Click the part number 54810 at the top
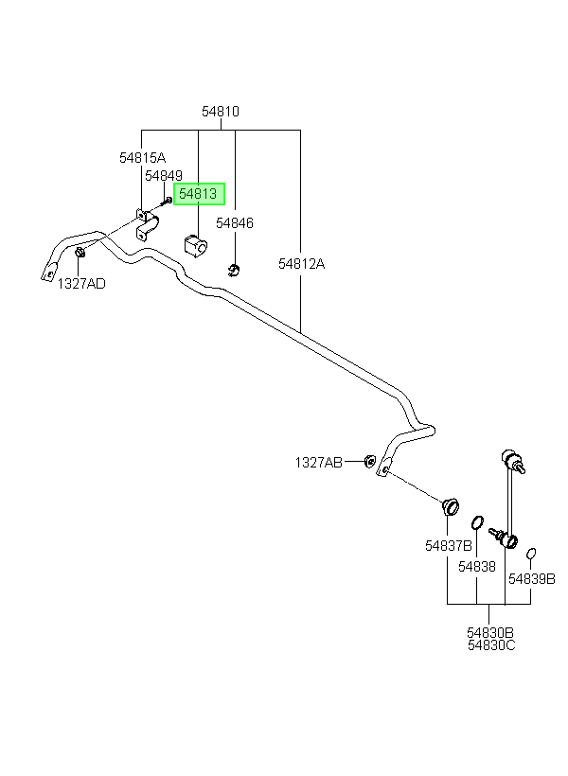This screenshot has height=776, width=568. pos(221,112)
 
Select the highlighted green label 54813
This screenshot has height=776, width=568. pos(199,193)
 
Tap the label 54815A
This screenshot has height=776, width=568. pos(143,158)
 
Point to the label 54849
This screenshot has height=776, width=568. pos(164,176)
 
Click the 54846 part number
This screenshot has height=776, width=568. pos(235,223)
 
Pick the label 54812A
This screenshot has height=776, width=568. pos(302,264)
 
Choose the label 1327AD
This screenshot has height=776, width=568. pos(81,284)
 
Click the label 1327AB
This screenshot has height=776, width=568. pos(318,463)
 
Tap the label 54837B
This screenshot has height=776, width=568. pos(449,546)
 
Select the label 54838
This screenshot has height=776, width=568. pos(477,567)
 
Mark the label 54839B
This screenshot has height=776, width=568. pos(532,579)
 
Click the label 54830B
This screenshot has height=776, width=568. pos(490,632)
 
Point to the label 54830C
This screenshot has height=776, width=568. pos(491,645)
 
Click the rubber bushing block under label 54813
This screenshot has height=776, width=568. pos(196,246)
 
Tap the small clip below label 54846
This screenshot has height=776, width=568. pos(234,271)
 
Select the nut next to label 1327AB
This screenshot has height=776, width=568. pos(369,461)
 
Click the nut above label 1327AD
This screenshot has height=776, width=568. pos(80,253)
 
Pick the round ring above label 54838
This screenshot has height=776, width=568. pos(477,522)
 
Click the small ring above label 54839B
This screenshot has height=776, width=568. pos(531,553)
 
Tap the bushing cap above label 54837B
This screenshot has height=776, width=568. pos(451,506)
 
